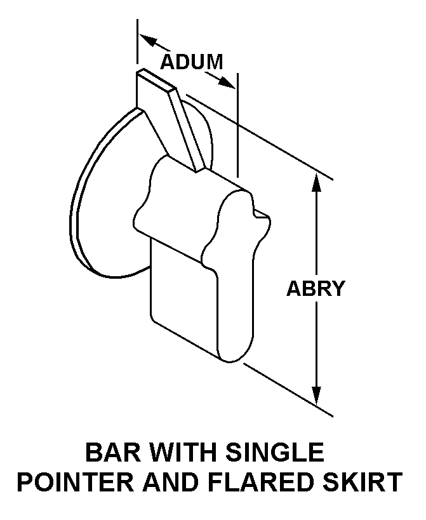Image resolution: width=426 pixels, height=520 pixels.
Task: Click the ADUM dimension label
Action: click(191, 62)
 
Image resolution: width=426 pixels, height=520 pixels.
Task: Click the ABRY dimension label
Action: click(316, 288)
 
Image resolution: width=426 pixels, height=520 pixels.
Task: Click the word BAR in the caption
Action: click(110, 453)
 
